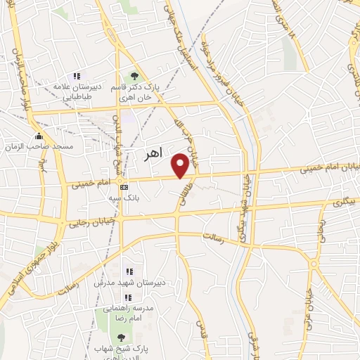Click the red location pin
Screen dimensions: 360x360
tap(181, 165)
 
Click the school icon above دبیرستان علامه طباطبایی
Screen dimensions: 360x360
tap(77, 76)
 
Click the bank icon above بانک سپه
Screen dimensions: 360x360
tap(124, 187)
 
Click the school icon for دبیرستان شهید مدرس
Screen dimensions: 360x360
tap(129, 271)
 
